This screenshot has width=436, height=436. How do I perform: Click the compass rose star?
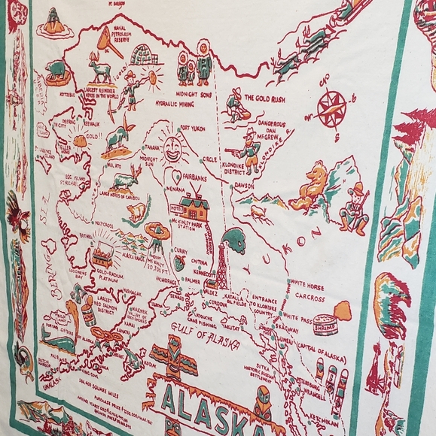coord(331,108)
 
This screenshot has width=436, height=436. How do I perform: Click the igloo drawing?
coord(145,55)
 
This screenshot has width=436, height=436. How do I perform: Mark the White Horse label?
coord(306,285)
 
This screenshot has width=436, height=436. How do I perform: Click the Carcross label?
coord(309,297)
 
